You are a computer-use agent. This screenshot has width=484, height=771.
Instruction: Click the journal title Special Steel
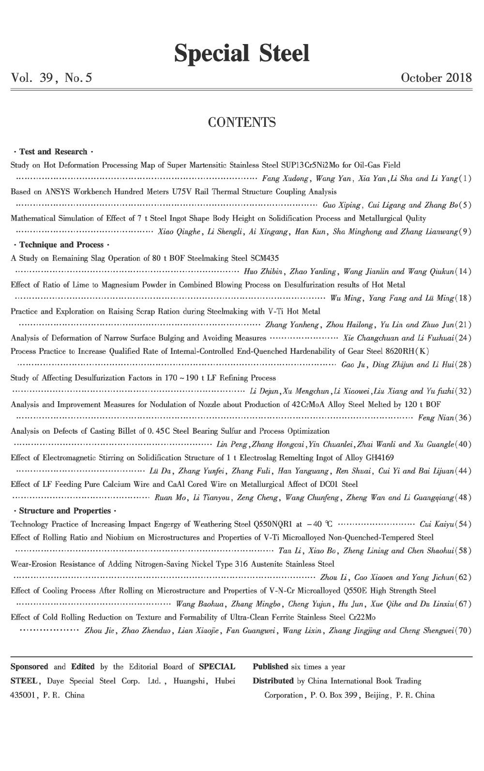[x=242, y=53]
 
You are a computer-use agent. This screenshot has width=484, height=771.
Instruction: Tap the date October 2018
[x=436, y=77]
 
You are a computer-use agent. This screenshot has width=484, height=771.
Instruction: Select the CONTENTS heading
[x=242, y=122]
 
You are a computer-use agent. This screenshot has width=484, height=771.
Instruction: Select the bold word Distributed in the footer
[x=273, y=681]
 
